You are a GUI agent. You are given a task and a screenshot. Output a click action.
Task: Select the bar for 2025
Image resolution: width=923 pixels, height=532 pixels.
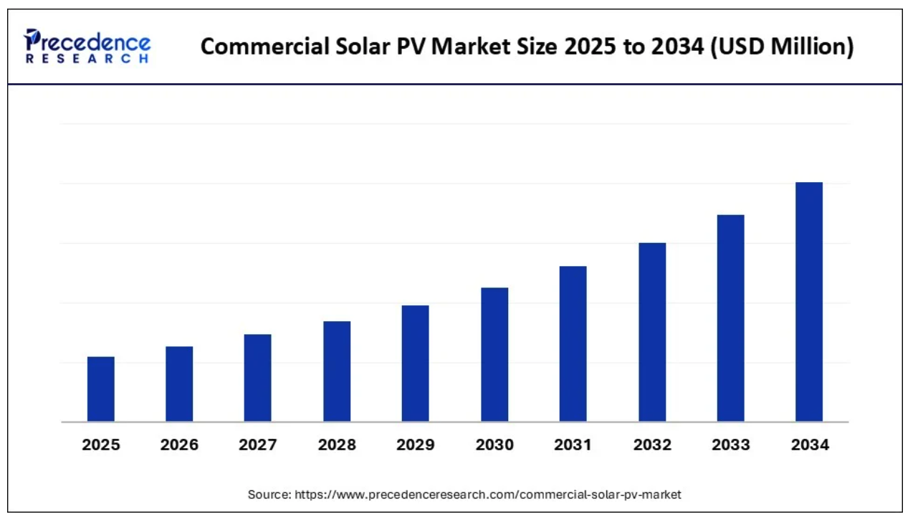pyautogui.click(x=101, y=389)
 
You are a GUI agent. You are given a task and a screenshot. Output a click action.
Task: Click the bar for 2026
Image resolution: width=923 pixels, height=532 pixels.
pyautogui.click(x=179, y=384)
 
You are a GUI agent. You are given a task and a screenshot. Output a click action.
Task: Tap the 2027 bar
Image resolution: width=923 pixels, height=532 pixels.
pyautogui.click(x=257, y=378)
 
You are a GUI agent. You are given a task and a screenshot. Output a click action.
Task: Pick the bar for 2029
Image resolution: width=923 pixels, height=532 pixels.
pyautogui.click(x=415, y=364)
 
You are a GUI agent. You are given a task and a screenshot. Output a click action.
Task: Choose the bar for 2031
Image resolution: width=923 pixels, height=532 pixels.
pyautogui.click(x=573, y=343)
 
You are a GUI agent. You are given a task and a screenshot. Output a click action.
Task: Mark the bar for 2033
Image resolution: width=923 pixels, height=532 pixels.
pyautogui.click(x=730, y=318)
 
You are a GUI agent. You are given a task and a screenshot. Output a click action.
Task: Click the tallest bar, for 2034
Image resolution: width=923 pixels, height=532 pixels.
pyautogui.click(x=809, y=302)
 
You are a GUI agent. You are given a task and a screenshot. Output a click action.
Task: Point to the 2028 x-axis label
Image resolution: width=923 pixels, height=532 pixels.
pyautogui.click(x=337, y=445)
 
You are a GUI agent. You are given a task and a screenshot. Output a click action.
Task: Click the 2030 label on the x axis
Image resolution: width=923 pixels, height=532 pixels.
pyautogui.click(x=494, y=445)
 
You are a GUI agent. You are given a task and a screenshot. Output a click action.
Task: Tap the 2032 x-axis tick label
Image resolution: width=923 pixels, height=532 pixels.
pyautogui.click(x=652, y=445)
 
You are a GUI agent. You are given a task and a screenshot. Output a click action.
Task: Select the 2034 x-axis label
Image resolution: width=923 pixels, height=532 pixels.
pyautogui.click(x=810, y=445)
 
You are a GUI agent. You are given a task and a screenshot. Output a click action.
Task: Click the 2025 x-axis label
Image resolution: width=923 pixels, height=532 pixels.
pyautogui.click(x=101, y=445)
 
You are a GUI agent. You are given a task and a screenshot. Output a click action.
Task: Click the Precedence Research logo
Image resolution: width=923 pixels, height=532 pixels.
pyautogui.click(x=87, y=45)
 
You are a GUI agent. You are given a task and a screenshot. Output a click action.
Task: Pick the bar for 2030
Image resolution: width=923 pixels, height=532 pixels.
pyautogui.click(x=494, y=354)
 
